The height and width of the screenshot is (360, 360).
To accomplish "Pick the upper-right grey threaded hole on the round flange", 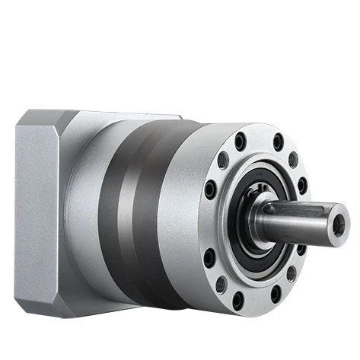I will coord(293,160).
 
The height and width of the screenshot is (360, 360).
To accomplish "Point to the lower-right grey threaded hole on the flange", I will coord(290,275).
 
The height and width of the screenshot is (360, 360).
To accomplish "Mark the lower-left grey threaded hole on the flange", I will coord(221,285).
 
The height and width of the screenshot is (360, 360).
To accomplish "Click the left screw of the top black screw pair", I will coord(241,140).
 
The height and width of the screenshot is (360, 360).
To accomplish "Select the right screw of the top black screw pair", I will coord(278,142).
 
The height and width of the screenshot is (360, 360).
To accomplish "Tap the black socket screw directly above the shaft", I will coord(302,184).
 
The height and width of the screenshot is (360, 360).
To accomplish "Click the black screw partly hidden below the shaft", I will coord(301,249).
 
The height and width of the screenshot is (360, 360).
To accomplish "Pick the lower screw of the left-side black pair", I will coord(209,257).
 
